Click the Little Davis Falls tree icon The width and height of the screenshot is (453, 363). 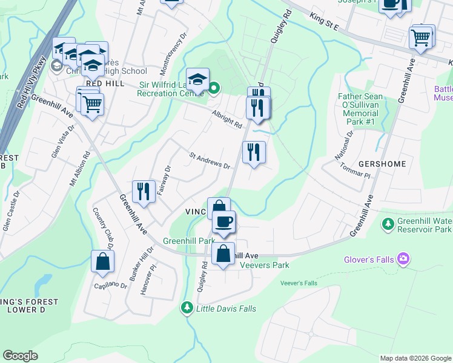pos(187,309)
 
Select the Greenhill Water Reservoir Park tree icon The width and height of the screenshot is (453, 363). pos(388,224)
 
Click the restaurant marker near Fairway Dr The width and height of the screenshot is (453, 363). pos(142,191)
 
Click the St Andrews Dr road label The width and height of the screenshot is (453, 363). pos(210,161)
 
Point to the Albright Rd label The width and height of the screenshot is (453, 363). pos(227,119)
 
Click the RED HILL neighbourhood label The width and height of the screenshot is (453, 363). pos(105,83)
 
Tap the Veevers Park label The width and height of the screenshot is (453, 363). pos(265,265)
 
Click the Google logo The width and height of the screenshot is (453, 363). pos(20,356)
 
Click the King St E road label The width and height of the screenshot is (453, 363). pos(323,22)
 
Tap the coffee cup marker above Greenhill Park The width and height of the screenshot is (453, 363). pos(223,221)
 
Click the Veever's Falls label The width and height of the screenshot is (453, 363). pos(299,283)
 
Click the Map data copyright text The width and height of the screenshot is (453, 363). pos(415,358)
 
